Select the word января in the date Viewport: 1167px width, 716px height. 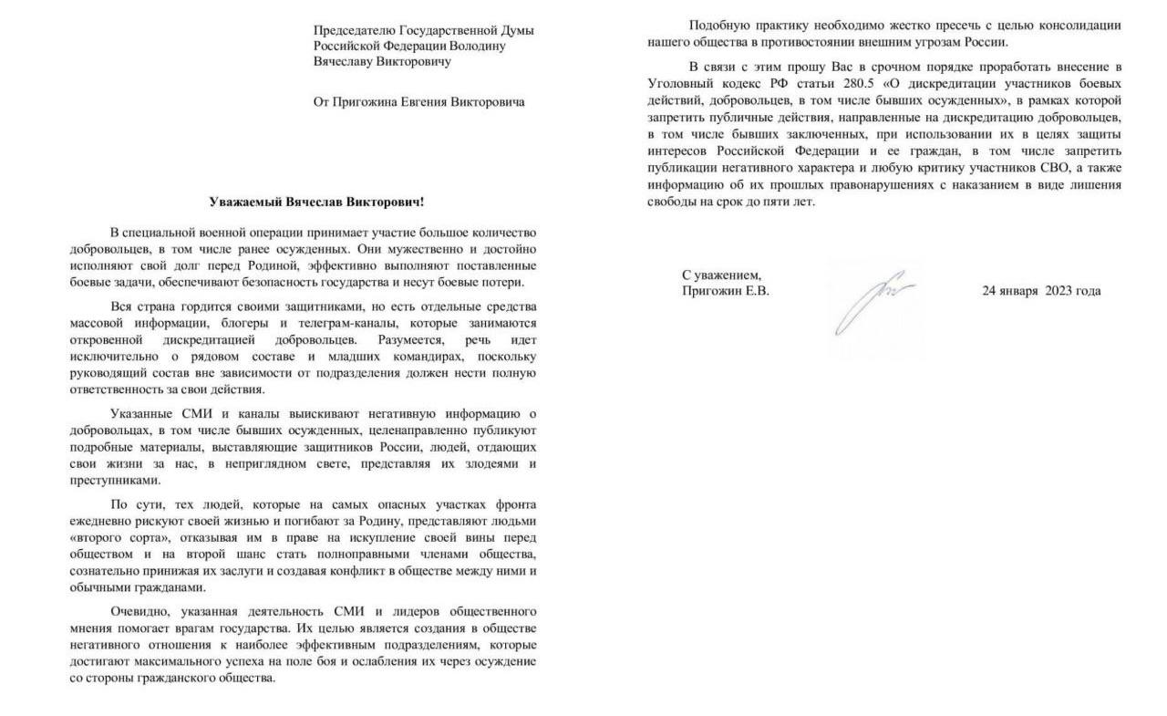(1022, 291)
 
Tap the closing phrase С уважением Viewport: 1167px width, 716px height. (721, 275)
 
